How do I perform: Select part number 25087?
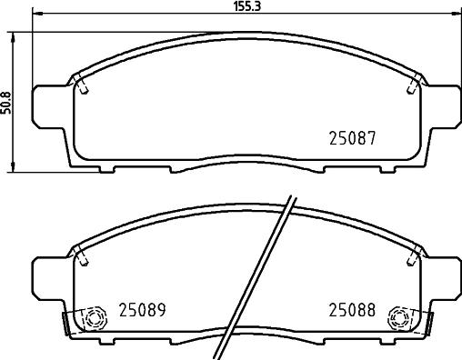coord(352,140)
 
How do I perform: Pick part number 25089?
coord(140,310)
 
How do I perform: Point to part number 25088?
coord(352,310)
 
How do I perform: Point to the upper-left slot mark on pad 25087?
coord(81,85)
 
